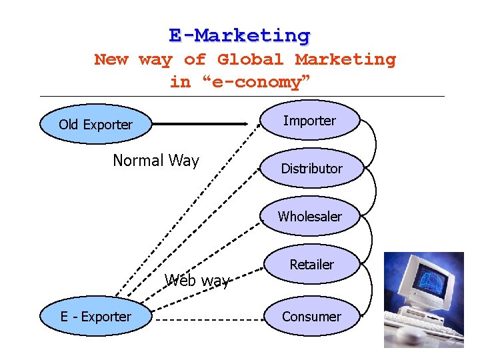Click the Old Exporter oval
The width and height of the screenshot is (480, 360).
click(95, 125)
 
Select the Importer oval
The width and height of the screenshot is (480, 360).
click(309, 121)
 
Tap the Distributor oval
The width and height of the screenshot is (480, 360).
click(311, 169)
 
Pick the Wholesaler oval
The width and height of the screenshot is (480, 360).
click(310, 217)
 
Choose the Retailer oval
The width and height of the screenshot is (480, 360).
click(311, 265)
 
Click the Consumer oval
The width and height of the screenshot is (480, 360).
click(311, 317)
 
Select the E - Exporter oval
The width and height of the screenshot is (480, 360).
click(95, 317)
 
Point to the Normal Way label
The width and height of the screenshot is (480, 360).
click(156, 161)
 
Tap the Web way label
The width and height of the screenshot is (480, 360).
click(197, 281)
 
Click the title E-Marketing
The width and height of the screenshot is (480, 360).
click(239, 35)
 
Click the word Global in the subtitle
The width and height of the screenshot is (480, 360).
click(253, 59)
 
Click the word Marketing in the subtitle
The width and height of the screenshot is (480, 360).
click(345, 59)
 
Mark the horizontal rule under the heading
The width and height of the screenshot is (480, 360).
click(240, 96)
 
